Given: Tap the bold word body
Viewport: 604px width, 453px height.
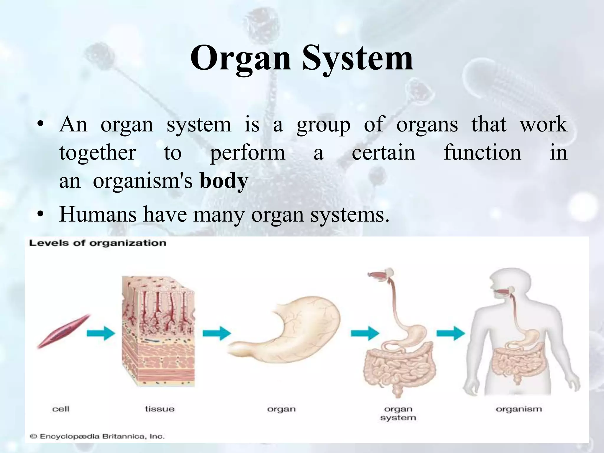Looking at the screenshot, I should click(x=224, y=181).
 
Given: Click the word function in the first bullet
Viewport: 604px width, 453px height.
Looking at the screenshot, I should click(x=482, y=152).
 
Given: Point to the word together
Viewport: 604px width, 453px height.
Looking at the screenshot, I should click(x=97, y=152).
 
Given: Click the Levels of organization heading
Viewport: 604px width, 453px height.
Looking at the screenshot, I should click(x=97, y=243).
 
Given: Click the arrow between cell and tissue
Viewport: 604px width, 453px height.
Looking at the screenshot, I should click(x=101, y=334).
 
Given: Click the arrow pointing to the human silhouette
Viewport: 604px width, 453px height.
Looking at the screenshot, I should click(x=451, y=334).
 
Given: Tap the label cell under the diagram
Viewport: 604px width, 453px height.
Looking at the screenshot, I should click(x=60, y=409).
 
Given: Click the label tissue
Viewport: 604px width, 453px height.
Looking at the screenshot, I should click(x=160, y=409).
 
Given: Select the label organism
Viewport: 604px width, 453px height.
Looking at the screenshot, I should click(x=519, y=409).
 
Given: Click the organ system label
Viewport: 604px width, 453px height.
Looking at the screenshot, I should click(x=398, y=413).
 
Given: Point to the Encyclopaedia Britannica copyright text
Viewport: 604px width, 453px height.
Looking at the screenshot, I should click(x=97, y=436).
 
